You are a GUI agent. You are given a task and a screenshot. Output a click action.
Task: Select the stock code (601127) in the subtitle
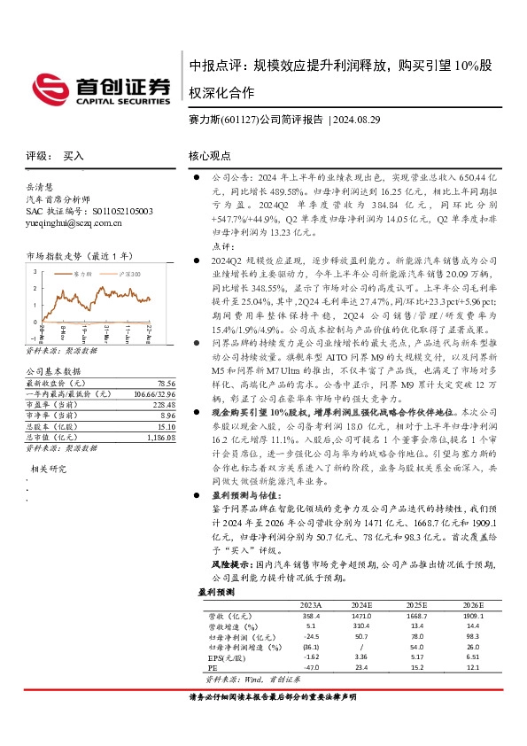234,119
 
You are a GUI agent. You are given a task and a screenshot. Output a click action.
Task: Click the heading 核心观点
210,156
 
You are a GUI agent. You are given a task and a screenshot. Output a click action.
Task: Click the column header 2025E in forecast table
416,606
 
